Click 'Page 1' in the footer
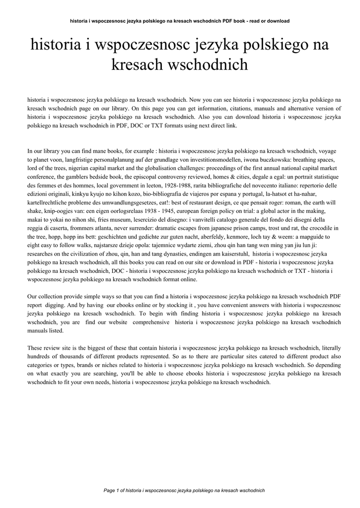point(114,490)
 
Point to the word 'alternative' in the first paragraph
point(302,108)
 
